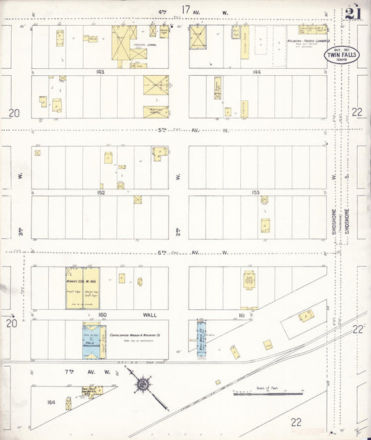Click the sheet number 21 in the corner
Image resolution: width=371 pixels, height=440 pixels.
click(x=352, y=15)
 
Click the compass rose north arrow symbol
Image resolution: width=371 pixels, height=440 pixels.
click(x=143, y=384)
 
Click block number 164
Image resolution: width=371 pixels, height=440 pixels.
click(x=51, y=402)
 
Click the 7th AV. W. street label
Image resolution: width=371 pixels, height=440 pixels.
click(x=84, y=371)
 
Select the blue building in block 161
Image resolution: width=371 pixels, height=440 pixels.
click(x=201, y=340)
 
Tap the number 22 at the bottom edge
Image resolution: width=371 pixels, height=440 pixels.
click(x=296, y=422)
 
